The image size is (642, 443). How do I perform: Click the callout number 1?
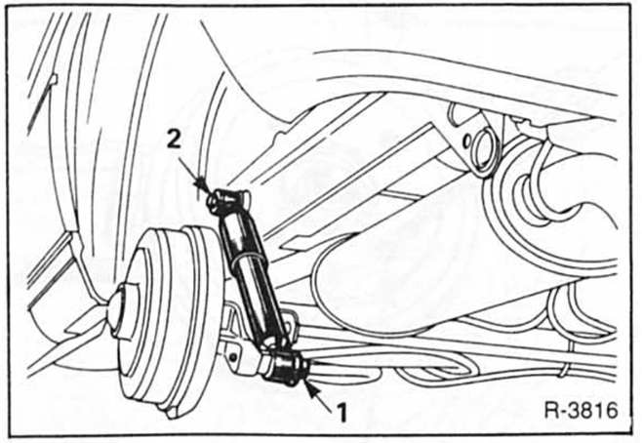tap(341, 412)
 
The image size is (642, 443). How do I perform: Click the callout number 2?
tap(174, 141)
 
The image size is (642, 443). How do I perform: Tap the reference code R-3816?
tap(581, 410)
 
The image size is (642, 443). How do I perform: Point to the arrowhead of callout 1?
tap(311, 386)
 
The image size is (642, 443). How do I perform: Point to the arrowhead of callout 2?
tap(202, 184)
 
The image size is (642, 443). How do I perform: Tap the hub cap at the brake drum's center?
tap(120, 310)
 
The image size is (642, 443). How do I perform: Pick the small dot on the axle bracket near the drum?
tap(233, 357)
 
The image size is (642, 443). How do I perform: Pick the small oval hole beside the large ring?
tap(466, 141)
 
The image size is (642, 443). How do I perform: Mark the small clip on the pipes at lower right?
tap(565, 371)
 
